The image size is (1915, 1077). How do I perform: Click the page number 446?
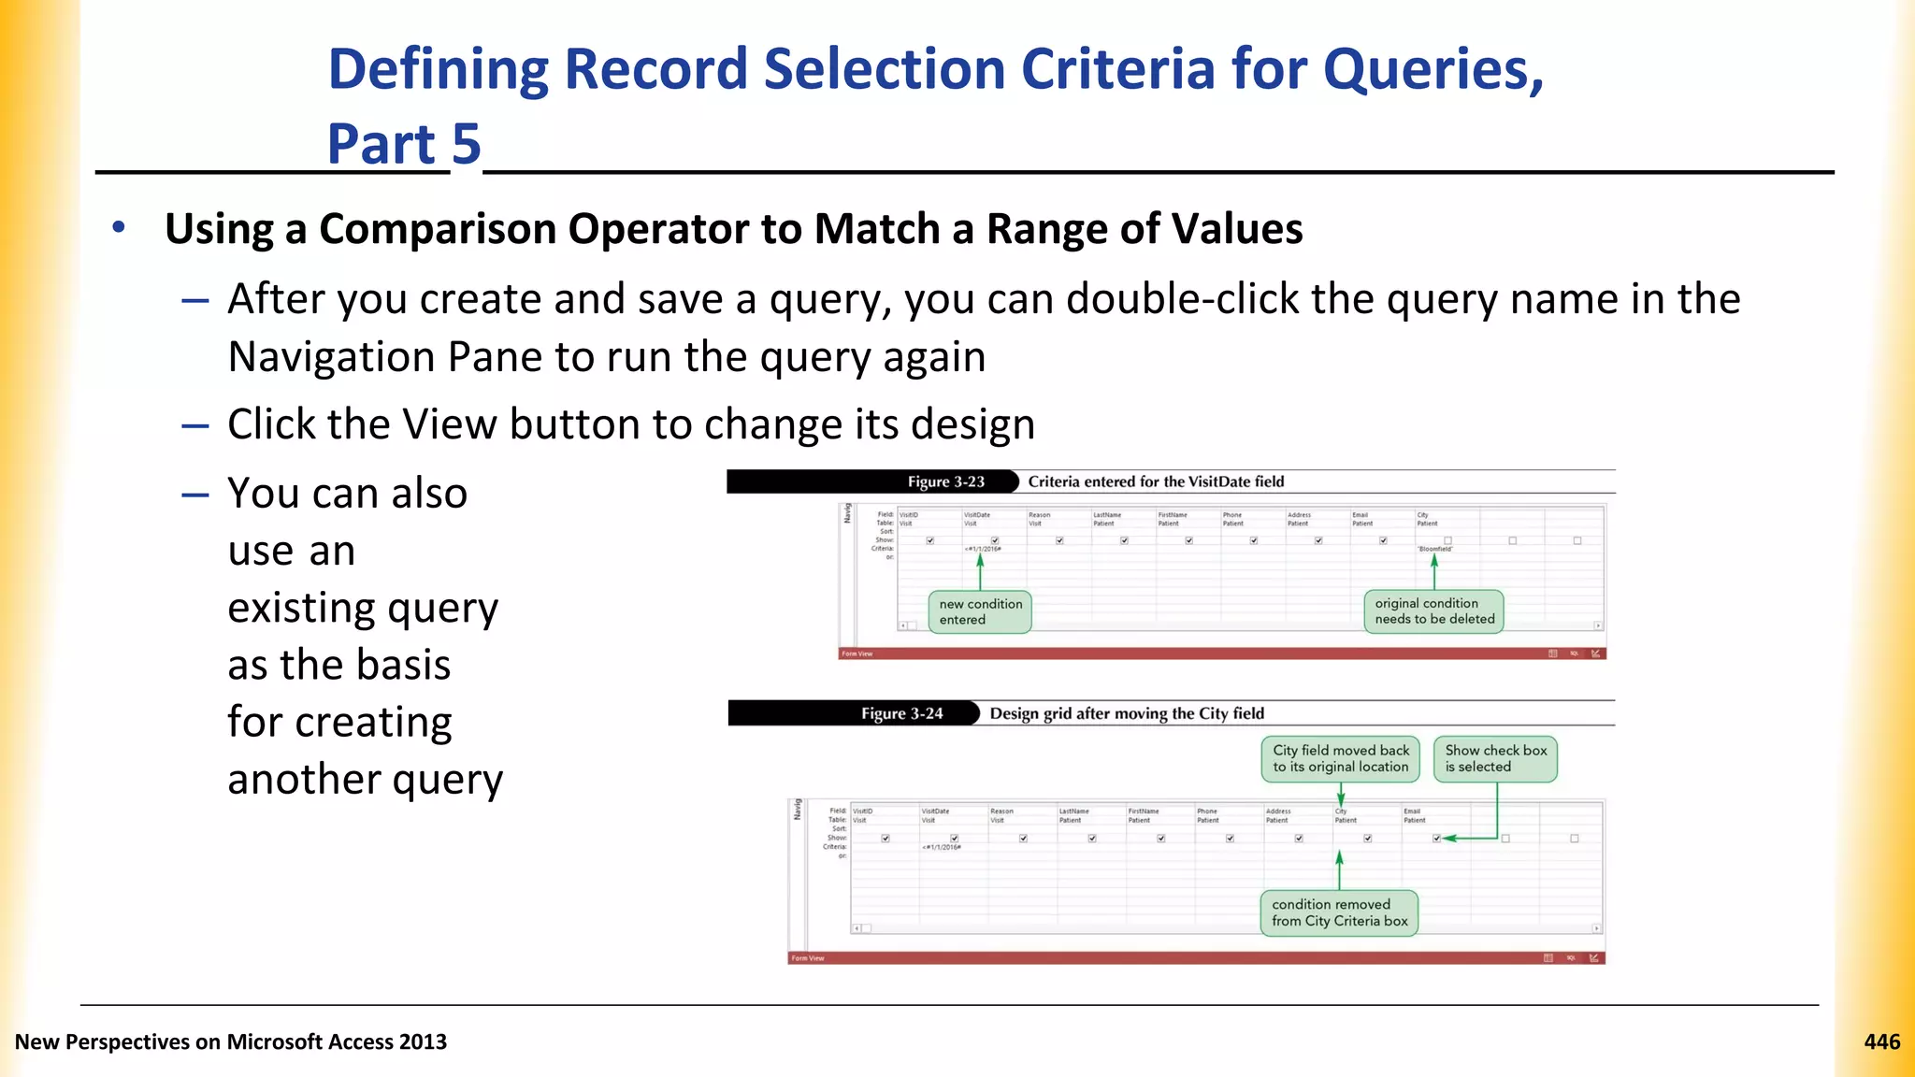1881,1041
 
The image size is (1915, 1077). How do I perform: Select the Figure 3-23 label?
945,481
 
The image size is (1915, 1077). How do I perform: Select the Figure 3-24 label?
901,713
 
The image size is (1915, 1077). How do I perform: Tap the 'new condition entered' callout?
980,611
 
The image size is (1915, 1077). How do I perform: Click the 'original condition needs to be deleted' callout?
1433,611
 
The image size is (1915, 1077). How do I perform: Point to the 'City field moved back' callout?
1340,758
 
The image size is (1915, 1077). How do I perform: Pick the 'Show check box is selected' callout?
1495,758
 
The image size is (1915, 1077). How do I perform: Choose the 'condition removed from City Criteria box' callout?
1339,912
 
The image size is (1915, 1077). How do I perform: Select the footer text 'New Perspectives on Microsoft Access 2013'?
231,1041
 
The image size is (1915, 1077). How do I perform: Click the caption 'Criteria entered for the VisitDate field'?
1156,481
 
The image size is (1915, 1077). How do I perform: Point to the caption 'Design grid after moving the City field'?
1127,713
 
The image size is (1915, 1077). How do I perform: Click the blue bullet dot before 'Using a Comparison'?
119,227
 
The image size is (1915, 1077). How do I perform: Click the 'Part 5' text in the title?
404,144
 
